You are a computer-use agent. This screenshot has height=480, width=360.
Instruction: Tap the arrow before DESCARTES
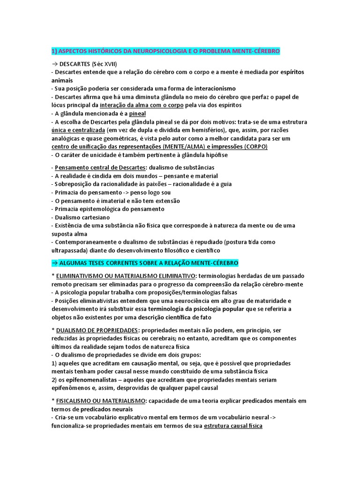tap(54, 64)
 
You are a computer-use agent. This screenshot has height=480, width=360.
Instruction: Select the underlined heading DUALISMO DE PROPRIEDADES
tap(97, 330)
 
